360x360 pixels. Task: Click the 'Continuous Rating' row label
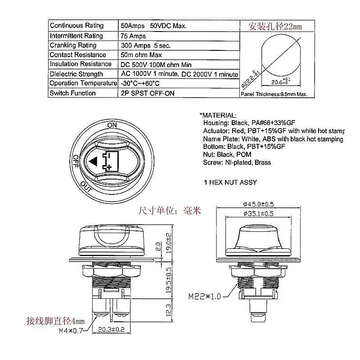[x=76, y=26]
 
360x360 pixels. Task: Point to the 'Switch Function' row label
[x=72, y=93]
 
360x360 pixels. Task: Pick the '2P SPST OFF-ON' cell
[x=148, y=93]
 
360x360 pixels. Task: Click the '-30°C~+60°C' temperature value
[x=140, y=83]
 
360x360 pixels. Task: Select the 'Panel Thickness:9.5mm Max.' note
[x=274, y=94]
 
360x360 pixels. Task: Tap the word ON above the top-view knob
[x=112, y=125]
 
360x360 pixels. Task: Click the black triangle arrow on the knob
[x=94, y=161]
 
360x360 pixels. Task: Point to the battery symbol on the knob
[x=110, y=161]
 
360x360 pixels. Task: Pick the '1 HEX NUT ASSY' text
[x=230, y=182]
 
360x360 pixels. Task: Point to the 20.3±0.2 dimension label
[x=111, y=329]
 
